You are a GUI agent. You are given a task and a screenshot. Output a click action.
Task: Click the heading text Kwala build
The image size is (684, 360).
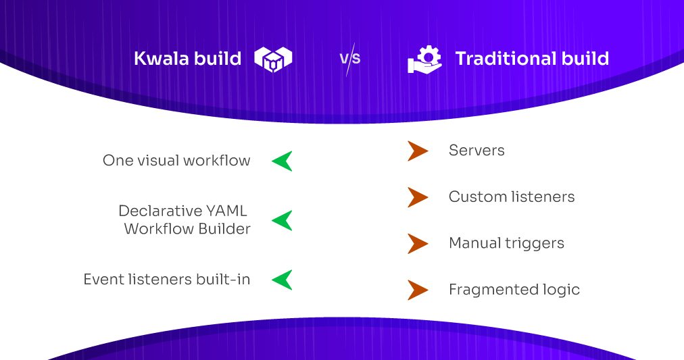(187, 59)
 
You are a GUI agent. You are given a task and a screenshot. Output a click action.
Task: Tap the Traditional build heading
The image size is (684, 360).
(532, 59)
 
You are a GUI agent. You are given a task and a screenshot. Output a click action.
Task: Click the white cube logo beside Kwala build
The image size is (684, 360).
(273, 59)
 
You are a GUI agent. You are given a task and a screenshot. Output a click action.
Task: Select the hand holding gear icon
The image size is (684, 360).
(424, 59)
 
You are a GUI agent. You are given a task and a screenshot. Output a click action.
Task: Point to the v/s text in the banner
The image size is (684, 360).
(349, 59)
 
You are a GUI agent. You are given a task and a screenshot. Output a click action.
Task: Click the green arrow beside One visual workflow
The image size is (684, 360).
(283, 161)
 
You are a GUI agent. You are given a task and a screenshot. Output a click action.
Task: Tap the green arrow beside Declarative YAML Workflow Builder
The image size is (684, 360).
(283, 220)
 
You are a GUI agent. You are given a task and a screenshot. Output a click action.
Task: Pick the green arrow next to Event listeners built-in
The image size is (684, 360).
(283, 280)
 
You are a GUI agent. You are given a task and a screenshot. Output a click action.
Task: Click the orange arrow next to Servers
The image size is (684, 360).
(417, 151)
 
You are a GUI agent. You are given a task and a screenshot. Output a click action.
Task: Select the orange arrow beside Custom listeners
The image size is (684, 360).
(417, 197)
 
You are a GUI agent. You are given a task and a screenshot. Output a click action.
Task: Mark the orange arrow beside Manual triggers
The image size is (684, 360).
(417, 243)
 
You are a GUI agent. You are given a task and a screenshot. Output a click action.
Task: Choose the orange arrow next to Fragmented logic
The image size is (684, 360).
(417, 290)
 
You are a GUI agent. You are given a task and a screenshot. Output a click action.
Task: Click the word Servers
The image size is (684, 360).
(477, 151)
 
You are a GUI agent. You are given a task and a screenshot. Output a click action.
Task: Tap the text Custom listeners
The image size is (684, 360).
(512, 197)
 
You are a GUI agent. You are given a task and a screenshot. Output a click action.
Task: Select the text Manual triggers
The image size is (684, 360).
(506, 243)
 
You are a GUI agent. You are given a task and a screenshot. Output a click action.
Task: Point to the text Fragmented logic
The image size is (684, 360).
(514, 290)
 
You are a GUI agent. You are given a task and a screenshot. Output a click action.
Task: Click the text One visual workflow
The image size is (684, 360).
(176, 161)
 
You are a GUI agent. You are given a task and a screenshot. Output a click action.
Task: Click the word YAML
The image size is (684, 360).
(226, 211)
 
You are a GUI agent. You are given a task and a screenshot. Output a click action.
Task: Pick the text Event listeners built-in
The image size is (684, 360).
(167, 280)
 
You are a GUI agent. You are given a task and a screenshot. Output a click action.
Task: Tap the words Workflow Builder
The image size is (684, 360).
(187, 229)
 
